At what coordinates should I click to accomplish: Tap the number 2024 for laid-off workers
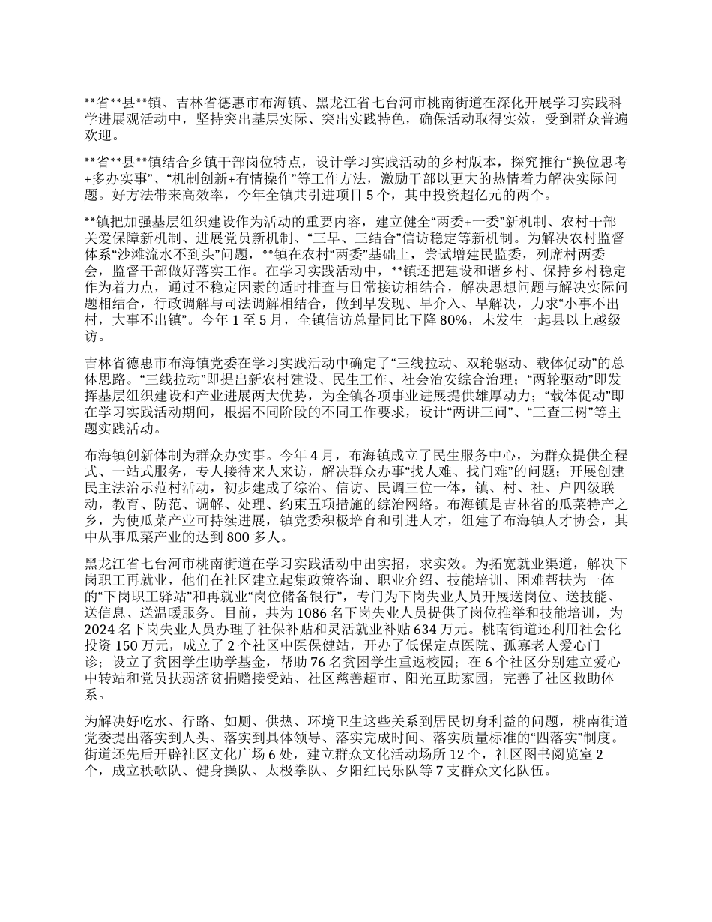click(103, 628)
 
